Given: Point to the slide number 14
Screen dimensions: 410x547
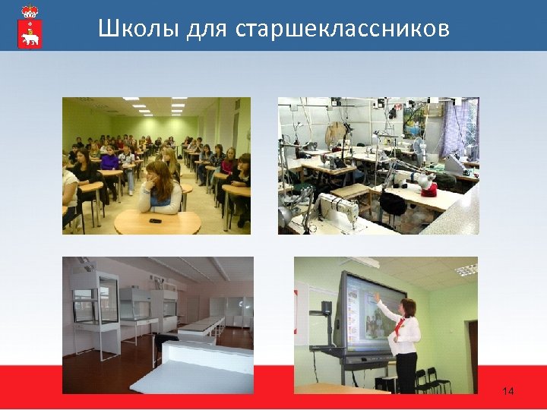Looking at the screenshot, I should coord(508,391).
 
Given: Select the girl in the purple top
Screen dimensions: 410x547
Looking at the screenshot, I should coord(109,160).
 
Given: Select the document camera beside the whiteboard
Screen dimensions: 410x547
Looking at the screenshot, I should coord(325,311).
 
